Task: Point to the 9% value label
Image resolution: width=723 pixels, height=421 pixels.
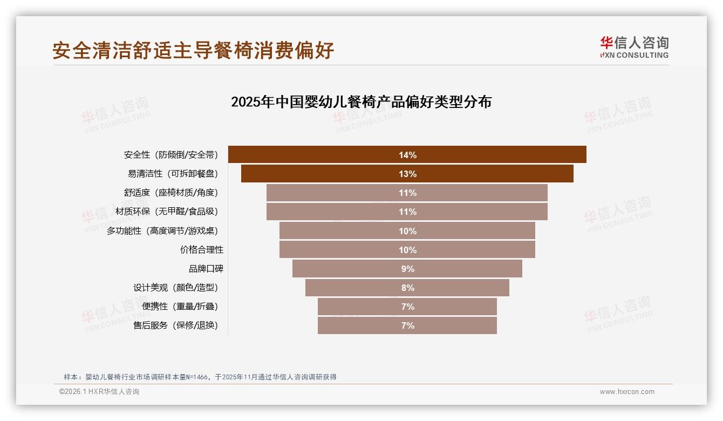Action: pyautogui.click(x=407, y=269)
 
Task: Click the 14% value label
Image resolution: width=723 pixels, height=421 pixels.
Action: pyautogui.click(x=407, y=155)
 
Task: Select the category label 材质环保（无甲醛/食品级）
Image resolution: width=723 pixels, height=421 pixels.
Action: pyautogui.click(x=167, y=212)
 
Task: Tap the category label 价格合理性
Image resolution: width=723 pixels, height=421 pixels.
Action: pyautogui.click(x=201, y=250)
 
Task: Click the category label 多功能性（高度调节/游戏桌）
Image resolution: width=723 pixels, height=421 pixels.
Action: pyautogui.click(x=162, y=231)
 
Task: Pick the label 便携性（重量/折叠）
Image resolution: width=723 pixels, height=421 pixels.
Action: pyautogui.click(x=180, y=307)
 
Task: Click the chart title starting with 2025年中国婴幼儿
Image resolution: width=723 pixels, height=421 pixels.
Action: pyautogui.click(x=361, y=102)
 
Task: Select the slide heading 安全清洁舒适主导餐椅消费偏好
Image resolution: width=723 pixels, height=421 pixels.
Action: pyautogui.click(x=193, y=50)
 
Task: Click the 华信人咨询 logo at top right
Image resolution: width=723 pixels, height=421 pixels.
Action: pyautogui.click(x=634, y=47)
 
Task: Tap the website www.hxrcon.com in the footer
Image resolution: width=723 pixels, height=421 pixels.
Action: pyautogui.click(x=627, y=392)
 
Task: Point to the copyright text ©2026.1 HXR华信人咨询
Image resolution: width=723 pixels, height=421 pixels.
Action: pyautogui.click(x=99, y=392)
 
